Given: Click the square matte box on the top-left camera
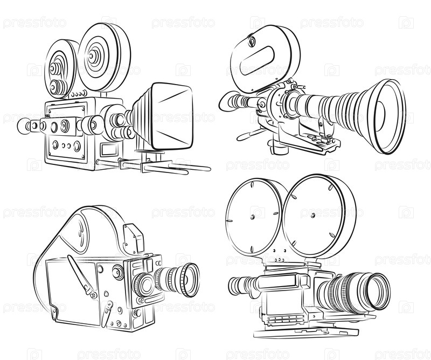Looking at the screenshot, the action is coord(172,116).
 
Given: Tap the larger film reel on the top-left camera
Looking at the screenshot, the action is coord(104,57).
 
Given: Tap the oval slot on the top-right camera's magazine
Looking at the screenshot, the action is coord(258,60).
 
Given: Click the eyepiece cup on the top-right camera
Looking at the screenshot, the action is coord(227,101).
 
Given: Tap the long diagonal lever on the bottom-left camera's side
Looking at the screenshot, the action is coord(82,276).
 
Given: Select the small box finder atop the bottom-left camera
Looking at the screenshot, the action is coord(134,238).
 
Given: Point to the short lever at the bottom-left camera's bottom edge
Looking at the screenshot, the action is coord(107,314).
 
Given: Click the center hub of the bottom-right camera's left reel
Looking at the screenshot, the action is coord(252,217).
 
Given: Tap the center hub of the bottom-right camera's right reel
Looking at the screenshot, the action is coord(313,215).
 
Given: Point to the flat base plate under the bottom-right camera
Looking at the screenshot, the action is coord(305,331).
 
